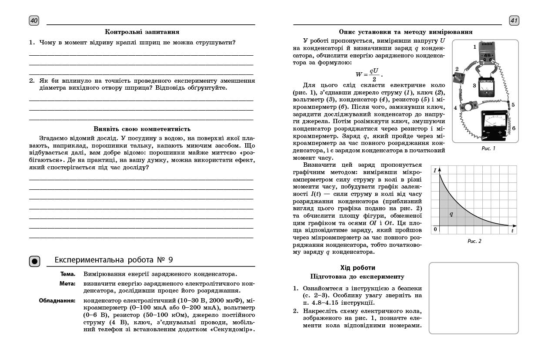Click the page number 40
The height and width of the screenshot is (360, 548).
pyautogui.click(x=34, y=20)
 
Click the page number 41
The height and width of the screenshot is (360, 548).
pyautogui.click(x=514, y=20)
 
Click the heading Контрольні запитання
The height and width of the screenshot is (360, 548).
pyautogui.click(x=142, y=32)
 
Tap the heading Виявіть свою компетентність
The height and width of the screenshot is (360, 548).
pyautogui.click(x=142, y=129)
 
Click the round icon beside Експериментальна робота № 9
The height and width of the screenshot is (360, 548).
pyautogui.click(x=35, y=261)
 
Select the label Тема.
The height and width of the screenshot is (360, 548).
pyautogui.click(x=68, y=274)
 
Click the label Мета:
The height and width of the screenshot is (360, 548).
pyautogui.click(x=67, y=283)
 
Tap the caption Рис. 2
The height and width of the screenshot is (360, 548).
pyautogui.click(x=474, y=241)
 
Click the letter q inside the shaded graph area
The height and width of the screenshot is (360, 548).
pyautogui.click(x=451, y=214)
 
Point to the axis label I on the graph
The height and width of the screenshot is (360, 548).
pyautogui.click(x=435, y=170)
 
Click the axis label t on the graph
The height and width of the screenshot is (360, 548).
pyautogui.click(x=512, y=231)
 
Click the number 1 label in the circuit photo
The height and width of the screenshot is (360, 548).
pyautogui.click(x=475, y=46)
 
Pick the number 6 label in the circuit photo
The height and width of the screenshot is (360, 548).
pyautogui.click(x=514, y=128)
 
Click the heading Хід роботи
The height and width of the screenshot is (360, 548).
pyautogui.click(x=358, y=268)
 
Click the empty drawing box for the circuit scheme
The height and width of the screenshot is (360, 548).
pyautogui.click(x=474, y=298)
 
